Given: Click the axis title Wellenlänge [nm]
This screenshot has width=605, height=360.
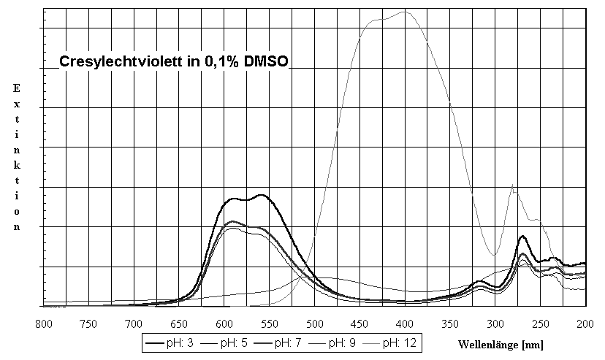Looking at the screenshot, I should pos(501,343).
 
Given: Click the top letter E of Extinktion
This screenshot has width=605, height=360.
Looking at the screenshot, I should pos(16,88).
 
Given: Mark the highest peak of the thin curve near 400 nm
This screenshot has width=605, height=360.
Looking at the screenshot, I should pos(404,11).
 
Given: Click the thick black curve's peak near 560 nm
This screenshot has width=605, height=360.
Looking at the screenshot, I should pos(260,195).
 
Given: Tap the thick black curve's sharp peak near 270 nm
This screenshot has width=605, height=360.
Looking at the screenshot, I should pos(522,236).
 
